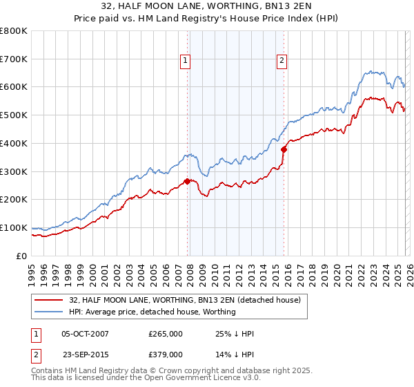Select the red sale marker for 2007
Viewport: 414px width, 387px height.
[187, 182]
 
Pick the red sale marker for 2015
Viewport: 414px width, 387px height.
[284, 149]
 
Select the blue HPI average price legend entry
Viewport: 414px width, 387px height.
[152, 312]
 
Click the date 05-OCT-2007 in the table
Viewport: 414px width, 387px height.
[85, 334]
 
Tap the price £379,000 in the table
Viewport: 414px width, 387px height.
[166, 355]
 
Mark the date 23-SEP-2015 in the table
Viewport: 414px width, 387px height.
[85, 355]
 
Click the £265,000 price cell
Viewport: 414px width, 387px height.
[166, 334]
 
